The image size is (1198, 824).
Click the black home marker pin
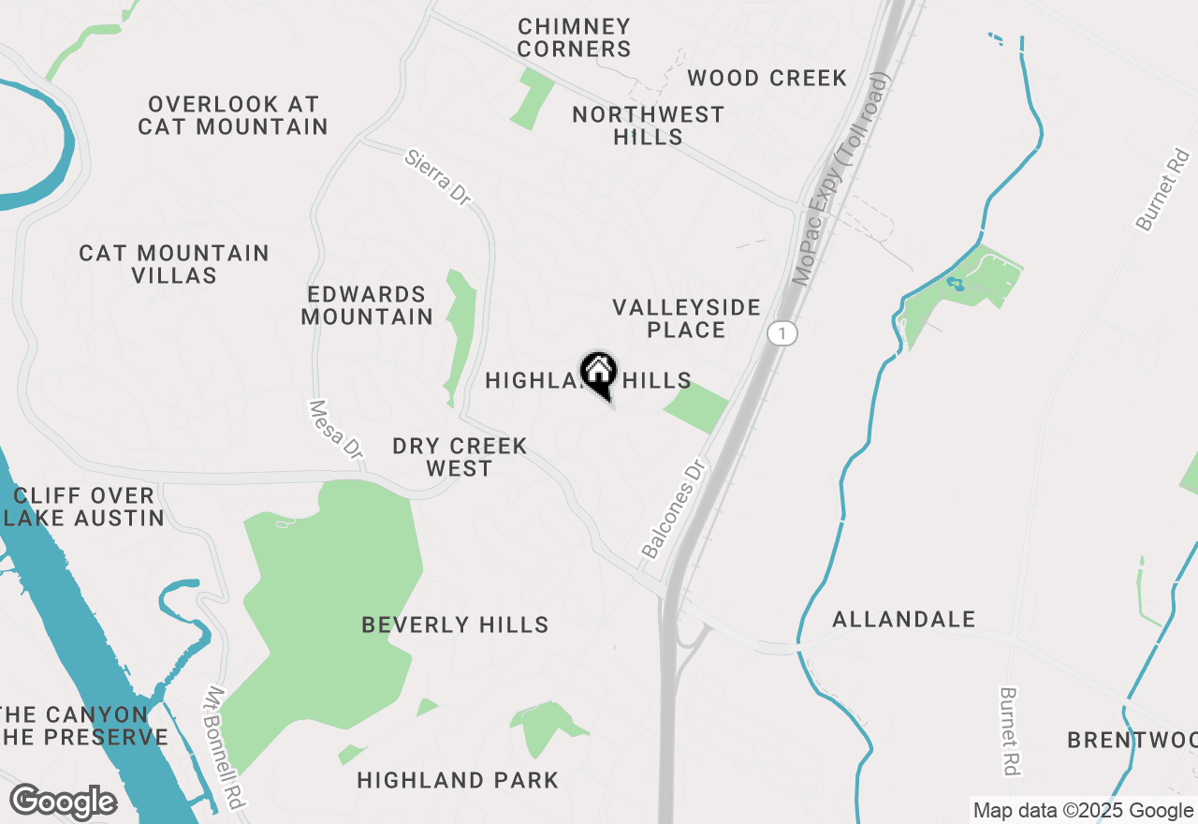tap(598, 374)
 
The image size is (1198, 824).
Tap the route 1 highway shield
tap(782, 333)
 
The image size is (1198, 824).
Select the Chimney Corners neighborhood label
tap(574, 38)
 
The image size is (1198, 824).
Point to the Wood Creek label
tap(767, 78)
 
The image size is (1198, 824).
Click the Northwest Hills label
tap(648, 125)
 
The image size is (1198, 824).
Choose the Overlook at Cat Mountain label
tap(233, 115)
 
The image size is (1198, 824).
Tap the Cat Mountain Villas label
tap(174, 264)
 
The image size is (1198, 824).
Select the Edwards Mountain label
tap(367, 306)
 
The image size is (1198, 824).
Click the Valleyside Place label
tap(686, 318)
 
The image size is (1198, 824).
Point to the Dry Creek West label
tap(460, 457)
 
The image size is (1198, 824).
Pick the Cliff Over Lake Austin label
tap(84, 507)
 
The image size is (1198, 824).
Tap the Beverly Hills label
tap(455, 625)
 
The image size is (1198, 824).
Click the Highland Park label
tap(458, 780)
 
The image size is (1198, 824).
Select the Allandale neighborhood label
tap(903, 619)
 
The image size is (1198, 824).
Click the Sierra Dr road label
tap(437, 177)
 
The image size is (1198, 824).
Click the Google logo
tap(63, 802)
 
